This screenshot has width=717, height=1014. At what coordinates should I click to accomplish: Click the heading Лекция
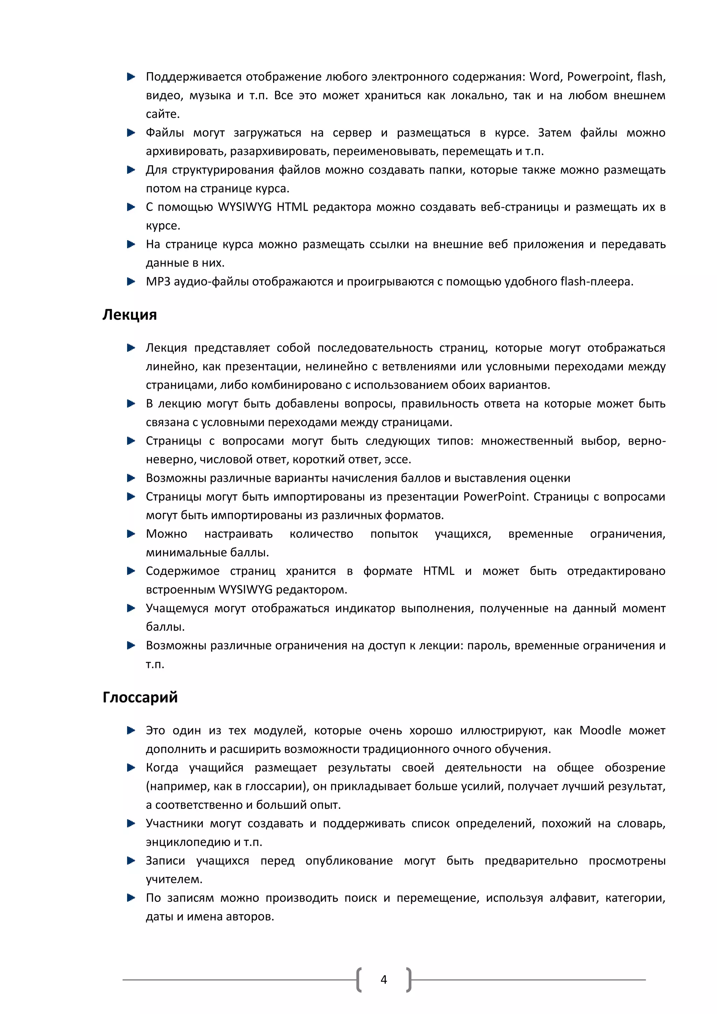pos(129,315)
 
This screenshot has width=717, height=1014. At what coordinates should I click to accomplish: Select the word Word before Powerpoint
pos(545,77)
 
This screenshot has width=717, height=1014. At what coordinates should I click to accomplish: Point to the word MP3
pos(158,282)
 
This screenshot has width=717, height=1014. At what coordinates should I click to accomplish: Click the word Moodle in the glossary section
pos(600,730)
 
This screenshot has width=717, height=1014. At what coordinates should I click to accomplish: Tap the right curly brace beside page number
pos(409,980)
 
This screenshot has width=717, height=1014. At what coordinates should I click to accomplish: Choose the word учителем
pos(174,879)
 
